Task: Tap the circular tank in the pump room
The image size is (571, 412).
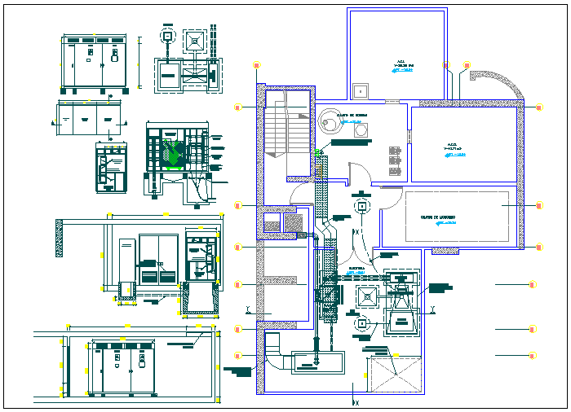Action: click(x=332, y=122)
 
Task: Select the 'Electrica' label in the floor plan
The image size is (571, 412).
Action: click(x=356, y=266)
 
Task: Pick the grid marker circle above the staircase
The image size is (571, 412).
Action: click(x=258, y=65)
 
